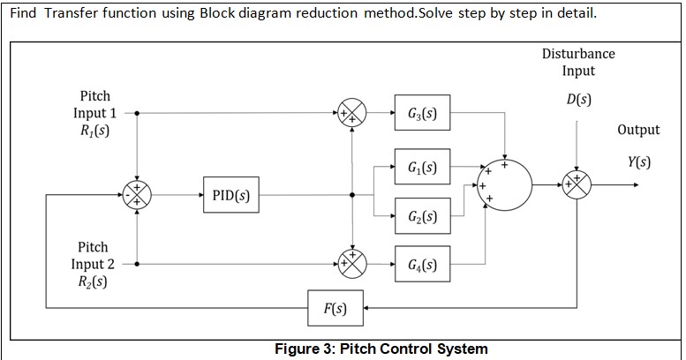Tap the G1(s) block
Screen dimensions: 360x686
[x=422, y=168]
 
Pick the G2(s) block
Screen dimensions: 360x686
[x=422, y=217]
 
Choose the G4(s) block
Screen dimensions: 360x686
[x=422, y=264]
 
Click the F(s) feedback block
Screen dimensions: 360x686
[x=335, y=309]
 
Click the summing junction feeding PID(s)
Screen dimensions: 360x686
[x=137, y=195]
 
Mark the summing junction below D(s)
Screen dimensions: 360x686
[x=577, y=185]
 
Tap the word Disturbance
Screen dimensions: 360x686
[x=578, y=54]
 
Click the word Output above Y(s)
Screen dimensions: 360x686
[x=637, y=130]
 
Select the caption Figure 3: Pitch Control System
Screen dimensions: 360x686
[x=381, y=349]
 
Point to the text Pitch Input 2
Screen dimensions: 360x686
[x=93, y=256]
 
